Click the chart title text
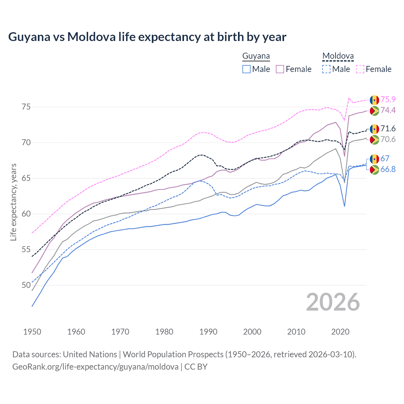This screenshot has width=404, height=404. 147,37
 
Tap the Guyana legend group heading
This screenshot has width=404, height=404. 256,56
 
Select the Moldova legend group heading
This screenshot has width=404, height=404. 338,56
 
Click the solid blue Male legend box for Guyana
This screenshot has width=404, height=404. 247,69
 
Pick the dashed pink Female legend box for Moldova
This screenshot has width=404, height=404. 360,69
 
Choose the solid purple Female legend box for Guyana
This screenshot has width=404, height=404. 280,69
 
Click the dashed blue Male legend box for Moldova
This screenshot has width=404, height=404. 326,69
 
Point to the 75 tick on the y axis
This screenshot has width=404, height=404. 26,107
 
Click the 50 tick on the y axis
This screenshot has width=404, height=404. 26,285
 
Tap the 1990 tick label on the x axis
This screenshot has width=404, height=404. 208,332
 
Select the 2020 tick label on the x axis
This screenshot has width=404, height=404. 340,332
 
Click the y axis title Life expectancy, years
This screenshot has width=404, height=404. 13,202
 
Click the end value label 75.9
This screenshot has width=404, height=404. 388,99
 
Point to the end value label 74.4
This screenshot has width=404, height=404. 388,110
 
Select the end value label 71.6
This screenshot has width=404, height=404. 388,128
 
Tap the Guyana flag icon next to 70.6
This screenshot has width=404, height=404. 374,140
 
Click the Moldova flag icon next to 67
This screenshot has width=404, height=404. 374,159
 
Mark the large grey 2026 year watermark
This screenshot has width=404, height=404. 333,302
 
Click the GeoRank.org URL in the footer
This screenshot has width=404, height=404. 95,367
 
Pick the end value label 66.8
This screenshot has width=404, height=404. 388,169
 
